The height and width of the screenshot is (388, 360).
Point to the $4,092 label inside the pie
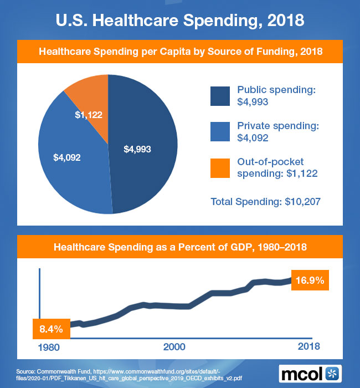tap(67, 157)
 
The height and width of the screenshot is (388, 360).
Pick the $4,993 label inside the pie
tap(137, 149)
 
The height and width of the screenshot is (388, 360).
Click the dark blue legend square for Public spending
tap(220, 96)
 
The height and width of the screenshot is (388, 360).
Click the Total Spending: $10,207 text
tap(266, 201)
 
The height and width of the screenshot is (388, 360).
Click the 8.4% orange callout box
tap(51, 329)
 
